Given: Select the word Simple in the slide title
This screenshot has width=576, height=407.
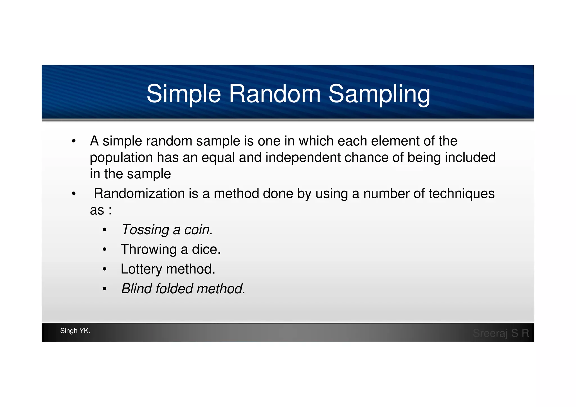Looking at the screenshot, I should coord(184,94).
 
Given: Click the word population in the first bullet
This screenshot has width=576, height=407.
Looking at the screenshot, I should coord(121,158).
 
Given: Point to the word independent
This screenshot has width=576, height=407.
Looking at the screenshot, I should coord(303,157).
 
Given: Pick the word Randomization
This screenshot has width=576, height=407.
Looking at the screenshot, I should coord(139,194).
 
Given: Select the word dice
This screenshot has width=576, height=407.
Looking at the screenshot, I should coord(206,249).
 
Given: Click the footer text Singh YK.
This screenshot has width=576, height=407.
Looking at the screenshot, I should coord(75,331).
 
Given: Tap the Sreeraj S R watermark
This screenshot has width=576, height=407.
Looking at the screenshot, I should coord(501,333).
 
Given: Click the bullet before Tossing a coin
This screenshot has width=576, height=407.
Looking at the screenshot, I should coord(104,230).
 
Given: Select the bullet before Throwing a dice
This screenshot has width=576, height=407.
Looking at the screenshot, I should coord(104,249).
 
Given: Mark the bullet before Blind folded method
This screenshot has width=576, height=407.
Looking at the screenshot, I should coord(104,289).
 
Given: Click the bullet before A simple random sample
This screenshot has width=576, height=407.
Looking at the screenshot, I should coord(74,141).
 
